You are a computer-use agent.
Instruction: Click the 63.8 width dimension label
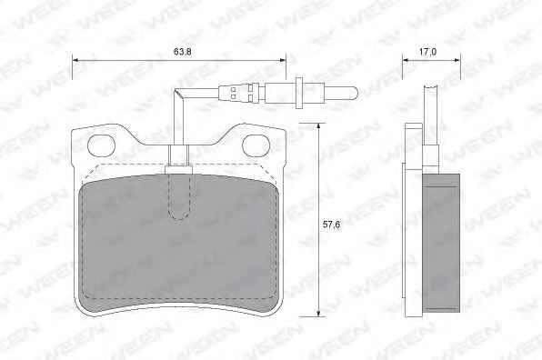[x=183, y=52]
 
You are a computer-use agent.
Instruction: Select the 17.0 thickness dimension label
[x=427, y=52]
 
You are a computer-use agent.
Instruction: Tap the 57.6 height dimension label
[x=331, y=225]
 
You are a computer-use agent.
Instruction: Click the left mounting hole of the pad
[x=101, y=145]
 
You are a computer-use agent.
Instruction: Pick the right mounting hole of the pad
[x=256, y=145]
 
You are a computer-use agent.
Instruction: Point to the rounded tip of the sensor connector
[x=355, y=93]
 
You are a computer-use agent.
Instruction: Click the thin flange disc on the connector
[x=299, y=92]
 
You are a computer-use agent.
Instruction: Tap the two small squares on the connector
[x=233, y=93]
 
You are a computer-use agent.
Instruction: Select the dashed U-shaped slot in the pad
[x=179, y=197]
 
